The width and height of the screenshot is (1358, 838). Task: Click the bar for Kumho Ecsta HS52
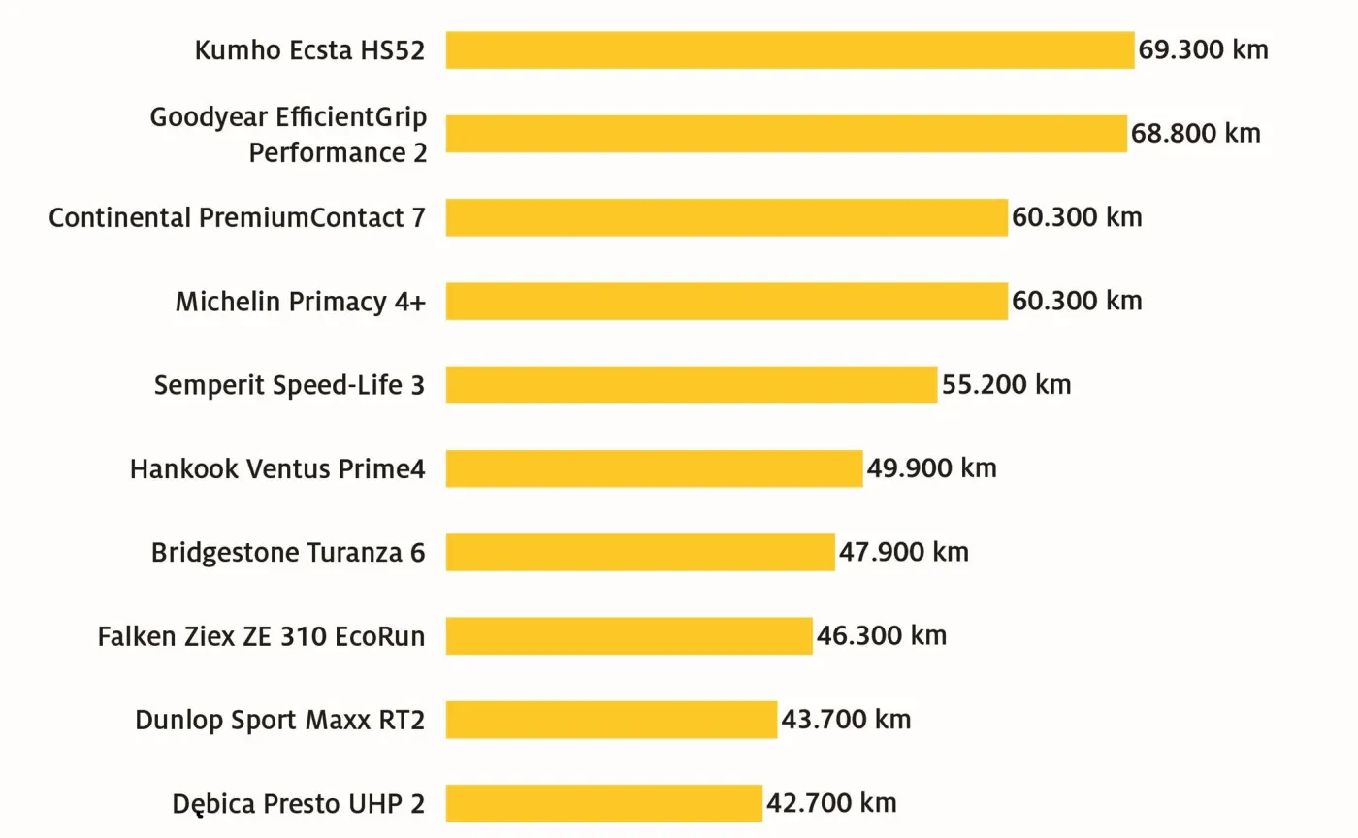[x=790, y=50]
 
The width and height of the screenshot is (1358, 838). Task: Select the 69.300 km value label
[x=1203, y=50]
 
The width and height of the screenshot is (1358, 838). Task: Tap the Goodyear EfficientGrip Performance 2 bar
[x=786, y=134]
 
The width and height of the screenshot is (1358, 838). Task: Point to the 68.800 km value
[x=1196, y=134]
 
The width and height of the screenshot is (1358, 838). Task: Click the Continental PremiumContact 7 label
[x=237, y=217]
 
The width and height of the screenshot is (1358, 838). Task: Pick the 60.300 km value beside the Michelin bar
[x=1077, y=301]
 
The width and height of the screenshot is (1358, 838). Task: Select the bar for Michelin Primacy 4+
[x=727, y=301]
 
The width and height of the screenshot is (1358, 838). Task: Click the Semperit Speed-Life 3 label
[x=289, y=385]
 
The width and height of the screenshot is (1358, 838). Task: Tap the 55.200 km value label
[x=1006, y=385]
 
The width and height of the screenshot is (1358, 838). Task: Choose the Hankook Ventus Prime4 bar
[x=654, y=468]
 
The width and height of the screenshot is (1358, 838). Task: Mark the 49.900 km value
[x=931, y=468]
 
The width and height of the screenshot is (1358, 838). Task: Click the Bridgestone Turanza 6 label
[x=288, y=553]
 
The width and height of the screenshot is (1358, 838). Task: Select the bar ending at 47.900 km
[x=640, y=553]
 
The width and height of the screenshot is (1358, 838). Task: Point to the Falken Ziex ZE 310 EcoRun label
[x=261, y=636]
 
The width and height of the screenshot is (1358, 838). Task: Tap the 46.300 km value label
[x=881, y=636]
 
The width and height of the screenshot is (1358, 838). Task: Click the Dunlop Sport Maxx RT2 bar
[x=611, y=720]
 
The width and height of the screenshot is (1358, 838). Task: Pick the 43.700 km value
[x=846, y=720]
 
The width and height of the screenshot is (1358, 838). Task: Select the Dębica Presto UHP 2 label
[x=299, y=804]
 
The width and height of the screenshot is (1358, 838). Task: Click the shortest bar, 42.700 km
[x=604, y=804]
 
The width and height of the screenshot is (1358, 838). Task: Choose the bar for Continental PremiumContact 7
[x=727, y=217]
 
